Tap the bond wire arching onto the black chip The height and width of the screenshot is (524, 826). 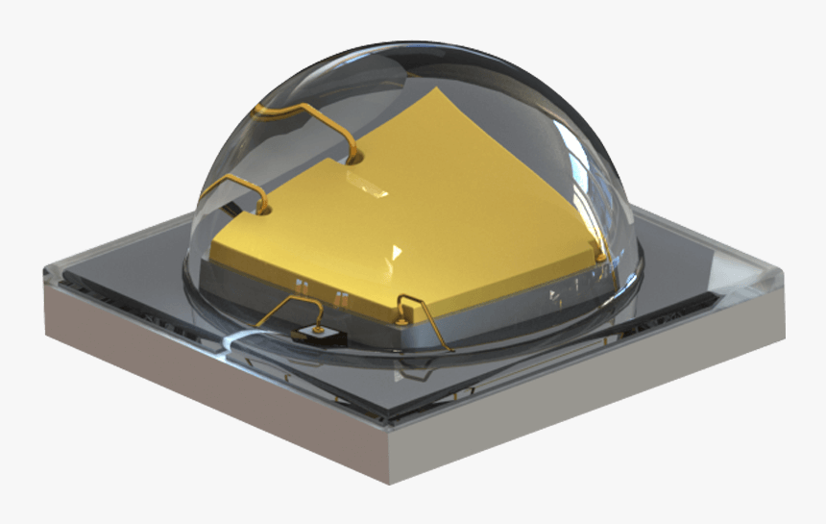click(288, 306)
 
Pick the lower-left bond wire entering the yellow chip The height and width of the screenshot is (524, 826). click(233, 183)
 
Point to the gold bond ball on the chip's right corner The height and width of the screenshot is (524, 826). click(601, 257)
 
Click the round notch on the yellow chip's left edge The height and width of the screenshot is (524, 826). click(264, 207)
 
